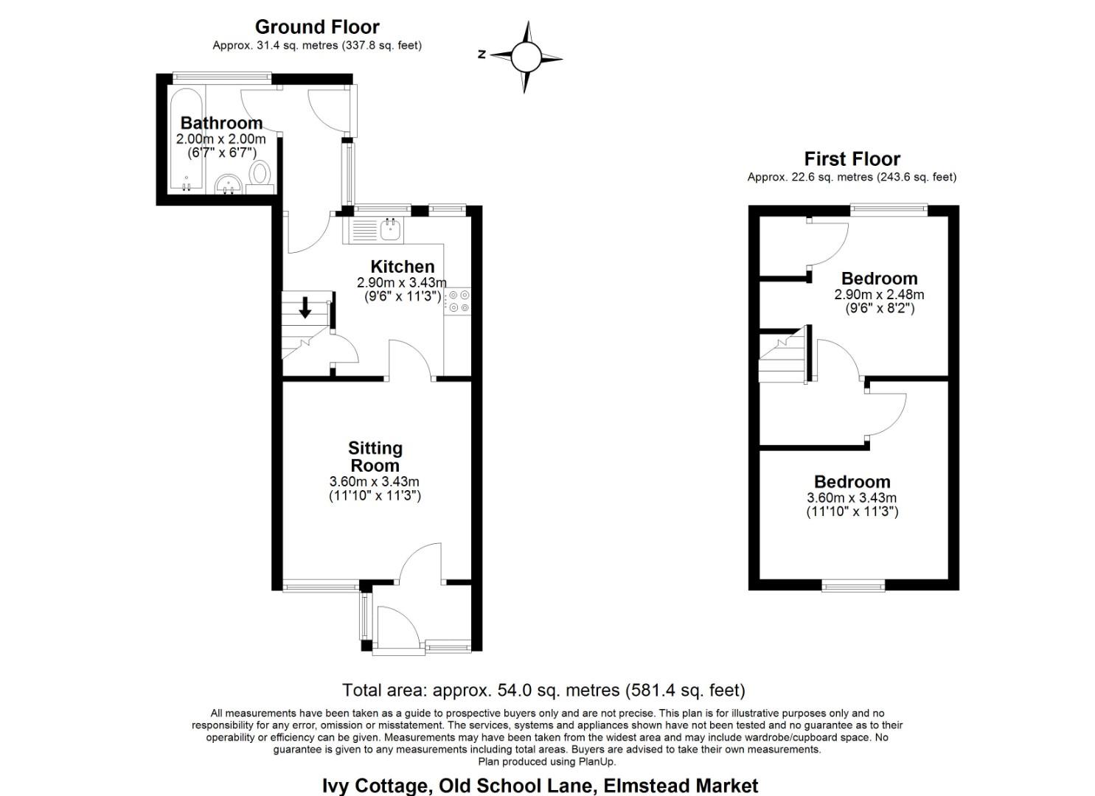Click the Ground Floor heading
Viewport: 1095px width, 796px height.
(317, 27)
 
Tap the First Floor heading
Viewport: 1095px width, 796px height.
(852, 159)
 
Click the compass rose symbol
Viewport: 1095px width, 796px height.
(525, 57)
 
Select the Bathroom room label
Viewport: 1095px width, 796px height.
(221, 123)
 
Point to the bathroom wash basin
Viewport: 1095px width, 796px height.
(229, 184)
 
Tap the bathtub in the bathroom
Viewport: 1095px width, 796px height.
(186, 140)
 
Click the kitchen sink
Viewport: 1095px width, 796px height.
(390, 231)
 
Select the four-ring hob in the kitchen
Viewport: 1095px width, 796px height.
(458, 301)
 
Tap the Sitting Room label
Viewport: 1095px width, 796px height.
(375, 457)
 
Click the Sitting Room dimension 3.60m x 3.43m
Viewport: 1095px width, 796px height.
(374, 482)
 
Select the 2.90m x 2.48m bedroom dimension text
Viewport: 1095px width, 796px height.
(879, 294)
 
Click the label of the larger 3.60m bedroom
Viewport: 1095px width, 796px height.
(852, 482)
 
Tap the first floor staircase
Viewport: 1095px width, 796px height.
(783, 357)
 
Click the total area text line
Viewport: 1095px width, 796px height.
(543, 691)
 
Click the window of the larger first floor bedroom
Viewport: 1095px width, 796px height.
(853, 586)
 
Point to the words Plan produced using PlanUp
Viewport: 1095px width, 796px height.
(546, 761)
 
